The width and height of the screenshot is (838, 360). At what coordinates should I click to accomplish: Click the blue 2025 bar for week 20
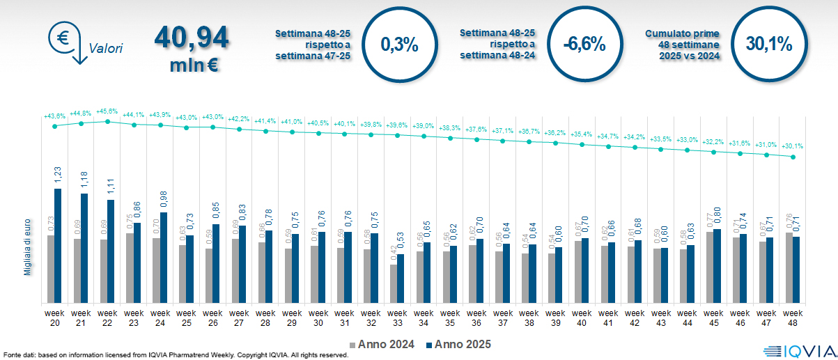click(58, 246)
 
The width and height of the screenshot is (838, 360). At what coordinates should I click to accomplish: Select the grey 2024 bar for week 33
click(393, 284)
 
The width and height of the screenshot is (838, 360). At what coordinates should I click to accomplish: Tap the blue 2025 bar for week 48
click(796, 269)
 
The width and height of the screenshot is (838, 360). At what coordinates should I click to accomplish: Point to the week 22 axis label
click(107, 318)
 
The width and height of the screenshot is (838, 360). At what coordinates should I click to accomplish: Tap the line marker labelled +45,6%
click(107, 121)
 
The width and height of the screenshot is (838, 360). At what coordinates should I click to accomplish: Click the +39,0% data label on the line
click(423, 126)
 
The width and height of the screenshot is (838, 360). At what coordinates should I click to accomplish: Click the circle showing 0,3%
click(399, 45)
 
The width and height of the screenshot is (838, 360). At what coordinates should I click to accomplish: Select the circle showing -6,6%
click(584, 45)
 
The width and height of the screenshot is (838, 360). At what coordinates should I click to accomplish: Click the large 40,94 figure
click(192, 38)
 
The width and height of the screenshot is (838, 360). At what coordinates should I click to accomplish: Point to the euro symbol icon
click(61, 37)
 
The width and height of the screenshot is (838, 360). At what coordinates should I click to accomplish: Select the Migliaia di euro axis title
click(28, 244)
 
